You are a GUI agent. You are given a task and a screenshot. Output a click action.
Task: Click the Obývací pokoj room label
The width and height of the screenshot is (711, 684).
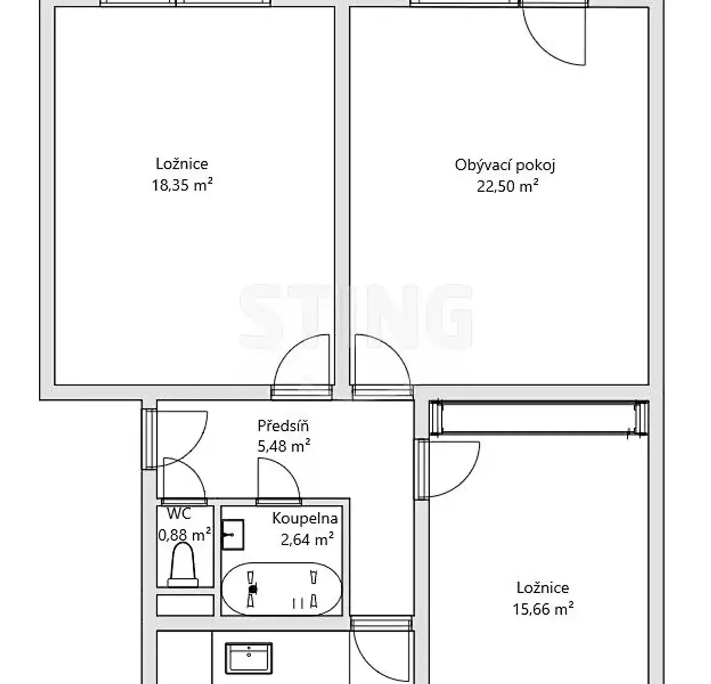coord(505,165)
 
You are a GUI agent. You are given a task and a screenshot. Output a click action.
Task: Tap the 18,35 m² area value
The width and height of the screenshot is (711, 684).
coord(182,185)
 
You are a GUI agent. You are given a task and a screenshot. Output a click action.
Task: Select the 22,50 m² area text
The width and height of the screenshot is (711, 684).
coord(508,186)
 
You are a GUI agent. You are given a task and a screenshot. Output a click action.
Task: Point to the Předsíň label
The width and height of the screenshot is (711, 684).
coord(283,426)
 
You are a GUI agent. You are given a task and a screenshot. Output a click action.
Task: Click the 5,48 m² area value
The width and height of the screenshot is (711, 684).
coord(284,446)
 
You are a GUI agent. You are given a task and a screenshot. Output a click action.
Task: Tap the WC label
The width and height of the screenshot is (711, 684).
coord(179,514)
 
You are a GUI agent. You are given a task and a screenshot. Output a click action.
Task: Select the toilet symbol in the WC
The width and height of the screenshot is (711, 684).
coord(182,565)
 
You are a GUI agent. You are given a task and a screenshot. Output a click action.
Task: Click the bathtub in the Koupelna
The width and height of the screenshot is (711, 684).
coord(281,589)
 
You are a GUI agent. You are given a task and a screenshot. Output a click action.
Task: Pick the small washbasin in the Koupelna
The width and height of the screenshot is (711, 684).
coord(233,535)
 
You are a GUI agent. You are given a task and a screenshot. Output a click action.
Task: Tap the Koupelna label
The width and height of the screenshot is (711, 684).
coord(305,519)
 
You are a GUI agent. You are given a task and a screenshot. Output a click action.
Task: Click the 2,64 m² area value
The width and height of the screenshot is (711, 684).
coord(307,539)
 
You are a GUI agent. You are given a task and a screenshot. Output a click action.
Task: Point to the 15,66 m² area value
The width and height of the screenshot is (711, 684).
coord(543,609)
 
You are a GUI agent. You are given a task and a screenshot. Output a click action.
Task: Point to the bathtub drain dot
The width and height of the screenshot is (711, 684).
coord(252,589)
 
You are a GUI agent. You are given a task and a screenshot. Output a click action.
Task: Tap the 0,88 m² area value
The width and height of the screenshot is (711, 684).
coord(184,535)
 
